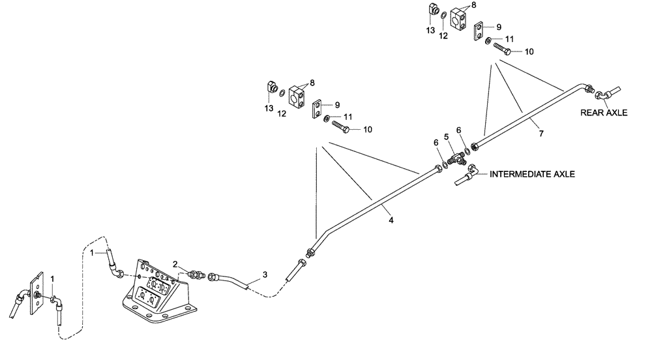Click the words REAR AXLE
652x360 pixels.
click(604, 113)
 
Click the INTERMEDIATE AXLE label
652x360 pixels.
click(531, 175)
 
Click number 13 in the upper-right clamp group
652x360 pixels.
click(429, 31)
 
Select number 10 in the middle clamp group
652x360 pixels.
click(368, 130)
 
